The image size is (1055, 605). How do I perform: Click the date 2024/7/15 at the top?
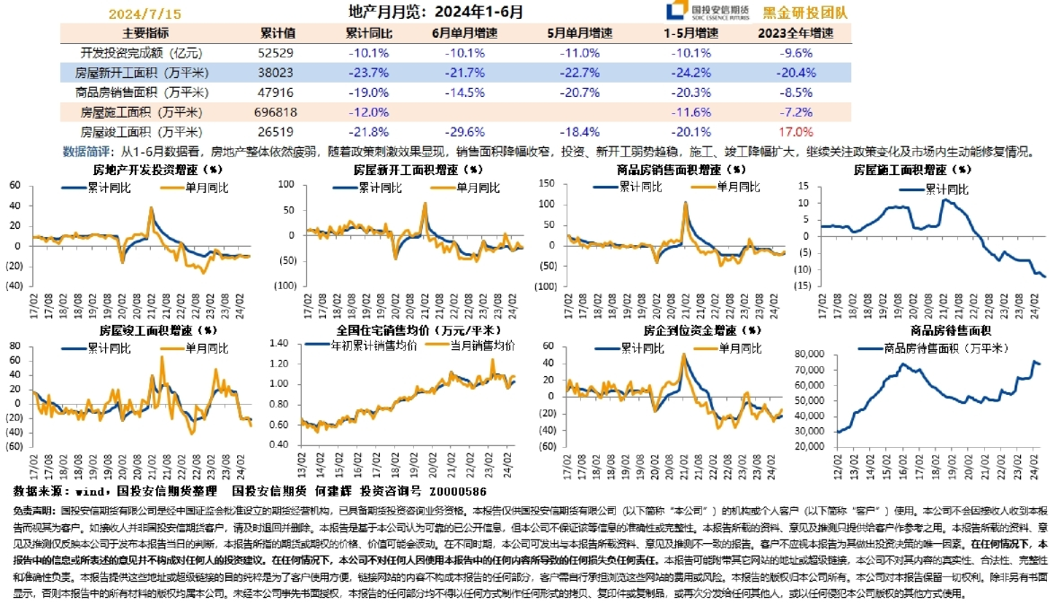(145, 13)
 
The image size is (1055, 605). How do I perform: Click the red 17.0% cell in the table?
(796, 132)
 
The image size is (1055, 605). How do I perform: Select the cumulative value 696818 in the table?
(277, 112)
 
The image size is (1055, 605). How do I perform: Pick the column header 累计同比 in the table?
(368, 33)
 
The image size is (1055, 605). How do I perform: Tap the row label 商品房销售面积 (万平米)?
(143, 92)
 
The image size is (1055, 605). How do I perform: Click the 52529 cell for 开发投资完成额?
(277, 53)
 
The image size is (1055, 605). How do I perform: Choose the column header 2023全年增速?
(796, 33)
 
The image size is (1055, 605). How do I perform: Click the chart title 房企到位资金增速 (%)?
(702, 330)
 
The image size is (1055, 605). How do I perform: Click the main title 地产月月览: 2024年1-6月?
(435, 13)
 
